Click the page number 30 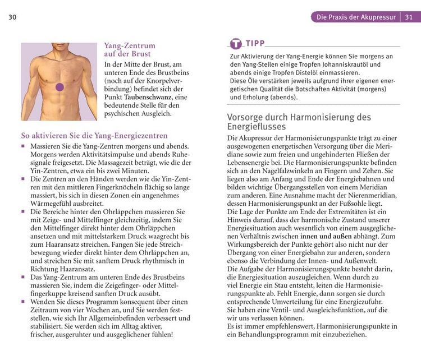coord(12,17)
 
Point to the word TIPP coord(255,43)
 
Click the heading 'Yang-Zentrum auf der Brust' coord(130,50)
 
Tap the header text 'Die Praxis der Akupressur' coord(356,17)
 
